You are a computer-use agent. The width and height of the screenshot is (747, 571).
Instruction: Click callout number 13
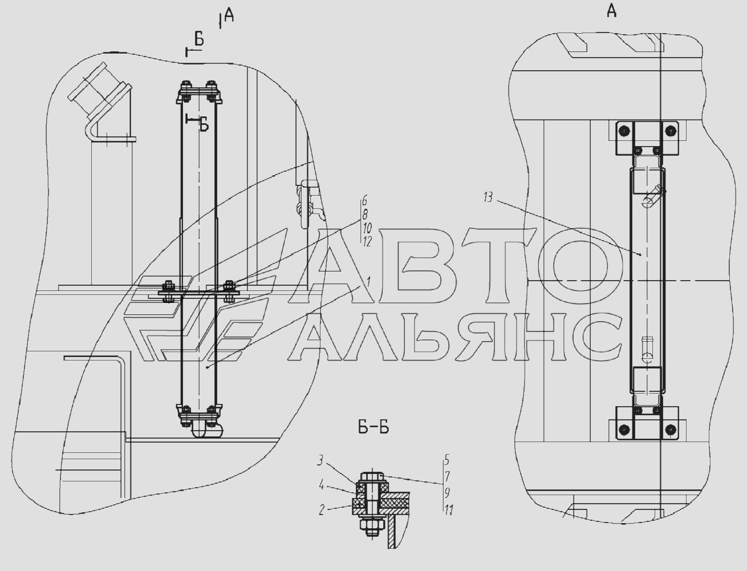coord(488,197)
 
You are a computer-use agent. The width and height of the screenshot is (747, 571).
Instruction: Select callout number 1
coord(368,282)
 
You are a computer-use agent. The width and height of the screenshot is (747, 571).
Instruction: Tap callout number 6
coord(364,201)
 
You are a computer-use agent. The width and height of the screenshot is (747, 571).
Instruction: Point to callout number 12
coord(367,242)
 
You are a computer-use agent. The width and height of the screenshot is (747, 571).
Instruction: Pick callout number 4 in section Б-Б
coord(321,485)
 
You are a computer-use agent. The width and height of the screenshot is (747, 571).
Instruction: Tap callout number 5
coord(447,460)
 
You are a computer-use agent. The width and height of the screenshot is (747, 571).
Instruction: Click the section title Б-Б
coord(373,428)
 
